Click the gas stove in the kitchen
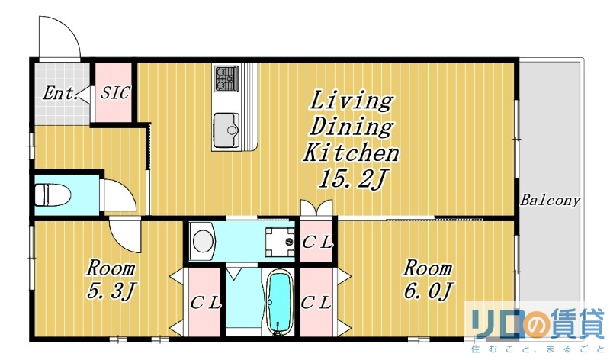pos(226,79)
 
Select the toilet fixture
pos(52,194)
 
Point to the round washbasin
pos(204,241)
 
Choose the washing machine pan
pos(280,242)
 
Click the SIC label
pos(115,92)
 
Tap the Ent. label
pos(59,93)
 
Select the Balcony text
pos(550,201)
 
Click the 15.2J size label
pos(352,180)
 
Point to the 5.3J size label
pos(111,291)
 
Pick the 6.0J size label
pos(429,291)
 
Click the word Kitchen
pos(351,153)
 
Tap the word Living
pos(352,101)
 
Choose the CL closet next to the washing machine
pos(317,242)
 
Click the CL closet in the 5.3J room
pos(204,302)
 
